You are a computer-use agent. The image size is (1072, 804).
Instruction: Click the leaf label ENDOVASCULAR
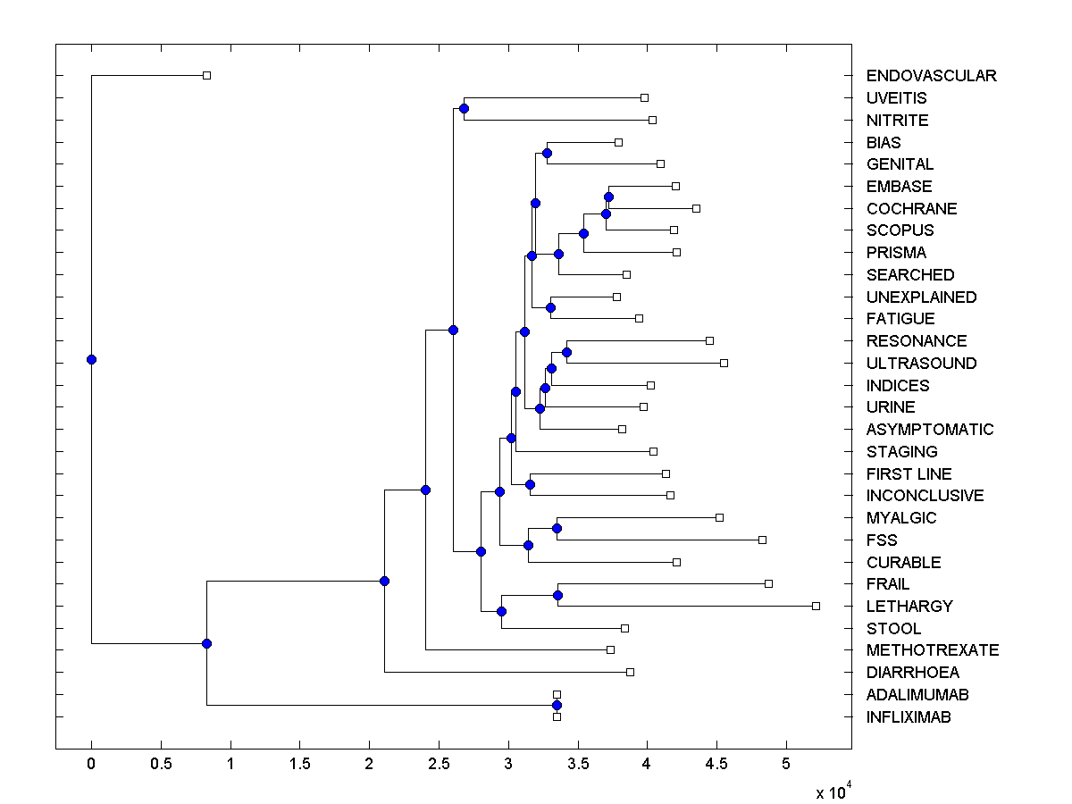pyautogui.click(x=931, y=76)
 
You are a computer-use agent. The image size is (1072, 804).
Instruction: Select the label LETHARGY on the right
pyautogui.click(x=909, y=607)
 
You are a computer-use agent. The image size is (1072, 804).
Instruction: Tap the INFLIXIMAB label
pyautogui.click(x=909, y=717)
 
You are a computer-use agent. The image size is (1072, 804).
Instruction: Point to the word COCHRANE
pyautogui.click(x=911, y=209)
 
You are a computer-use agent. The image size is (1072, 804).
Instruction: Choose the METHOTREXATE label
pyautogui.click(x=933, y=650)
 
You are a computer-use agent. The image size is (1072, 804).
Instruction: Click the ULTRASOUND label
pyautogui.click(x=921, y=364)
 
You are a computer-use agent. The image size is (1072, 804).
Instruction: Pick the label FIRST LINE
pyautogui.click(x=909, y=474)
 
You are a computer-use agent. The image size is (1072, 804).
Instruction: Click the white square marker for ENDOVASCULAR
pyautogui.click(x=206, y=76)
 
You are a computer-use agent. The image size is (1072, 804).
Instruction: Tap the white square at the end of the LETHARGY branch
pyautogui.click(x=816, y=606)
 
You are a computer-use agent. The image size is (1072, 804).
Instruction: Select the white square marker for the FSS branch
pyautogui.click(x=762, y=540)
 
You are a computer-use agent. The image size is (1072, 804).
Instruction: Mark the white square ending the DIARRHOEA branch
pyautogui.click(x=630, y=672)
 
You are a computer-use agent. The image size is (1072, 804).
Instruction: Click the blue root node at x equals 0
pyautogui.click(x=91, y=359)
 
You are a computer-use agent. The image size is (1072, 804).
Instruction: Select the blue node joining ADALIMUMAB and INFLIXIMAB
pyautogui.click(x=557, y=706)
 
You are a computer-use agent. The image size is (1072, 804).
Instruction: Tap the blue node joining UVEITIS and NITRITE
pyautogui.click(x=464, y=109)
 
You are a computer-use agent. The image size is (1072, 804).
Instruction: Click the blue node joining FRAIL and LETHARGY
pyautogui.click(x=557, y=595)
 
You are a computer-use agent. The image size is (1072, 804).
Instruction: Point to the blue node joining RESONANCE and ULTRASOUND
pyautogui.click(x=566, y=352)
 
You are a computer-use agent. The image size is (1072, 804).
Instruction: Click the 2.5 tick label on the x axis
pyautogui.click(x=439, y=764)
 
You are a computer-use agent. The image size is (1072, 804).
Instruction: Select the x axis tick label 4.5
pyautogui.click(x=717, y=764)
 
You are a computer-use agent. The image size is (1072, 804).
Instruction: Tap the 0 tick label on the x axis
pyautogui.click(x=91, y=764)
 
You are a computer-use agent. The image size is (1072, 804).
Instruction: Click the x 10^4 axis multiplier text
pyautogui.click(x=833, y=792)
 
